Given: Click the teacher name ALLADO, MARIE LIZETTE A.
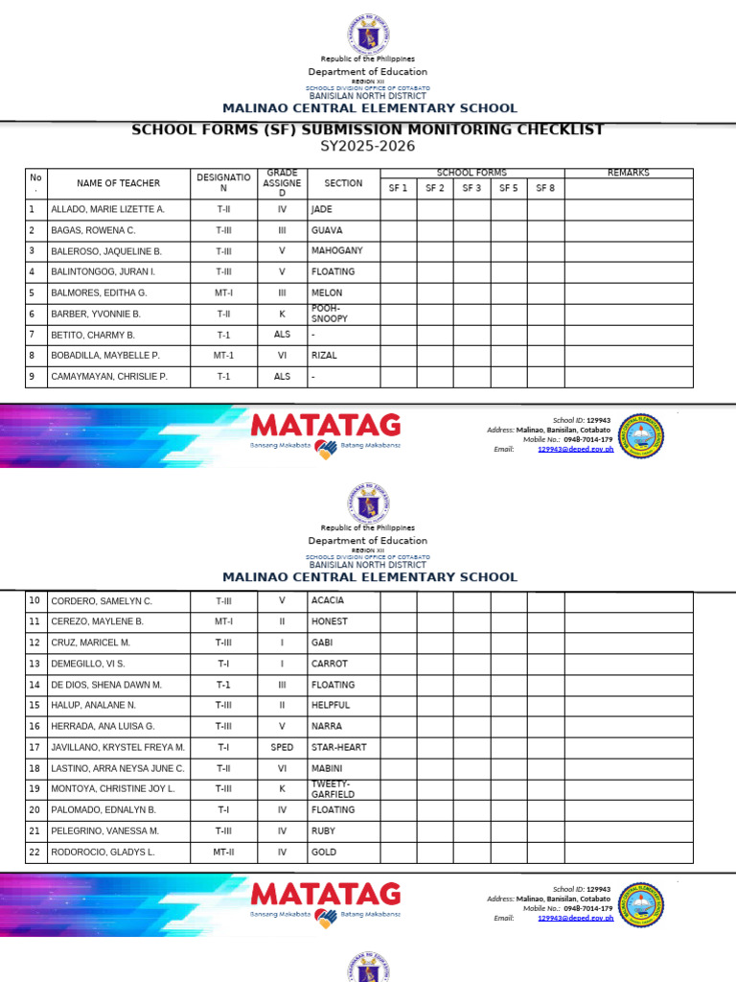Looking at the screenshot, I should tap(107, 209).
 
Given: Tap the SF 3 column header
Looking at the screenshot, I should tap(471, 189).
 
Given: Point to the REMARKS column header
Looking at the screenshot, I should tap(628, 174).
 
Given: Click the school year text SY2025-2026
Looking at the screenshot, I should tap(368, 146).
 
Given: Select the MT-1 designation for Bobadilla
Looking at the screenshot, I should tap(223, 356).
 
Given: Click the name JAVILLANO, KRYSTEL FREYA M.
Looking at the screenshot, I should tap(117, 747).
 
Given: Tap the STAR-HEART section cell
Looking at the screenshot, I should tap(338, 747).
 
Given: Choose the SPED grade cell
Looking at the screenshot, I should tap(282, 747).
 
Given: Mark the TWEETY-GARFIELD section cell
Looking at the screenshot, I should tap(333, 789).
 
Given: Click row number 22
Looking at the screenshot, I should tap(34, 852).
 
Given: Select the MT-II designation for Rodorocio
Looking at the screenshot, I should tap(223, 852).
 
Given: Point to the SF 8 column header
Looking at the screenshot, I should tap(545, 189).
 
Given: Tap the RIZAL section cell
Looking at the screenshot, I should tap(324, 356).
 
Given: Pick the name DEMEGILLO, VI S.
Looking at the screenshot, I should tap(87, 664).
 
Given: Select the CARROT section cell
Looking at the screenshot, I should tap(329, 664).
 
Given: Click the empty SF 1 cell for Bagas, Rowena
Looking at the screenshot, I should tap(398, 230).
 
